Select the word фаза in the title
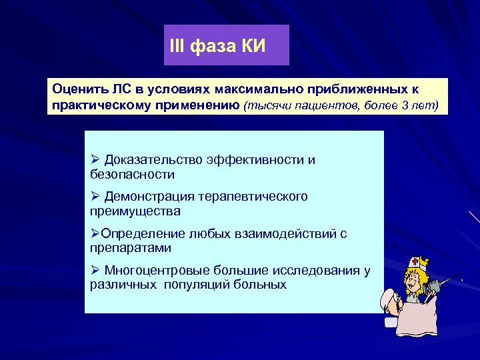210,46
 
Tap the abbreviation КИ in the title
250,46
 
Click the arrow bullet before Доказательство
94,160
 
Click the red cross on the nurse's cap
415,261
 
